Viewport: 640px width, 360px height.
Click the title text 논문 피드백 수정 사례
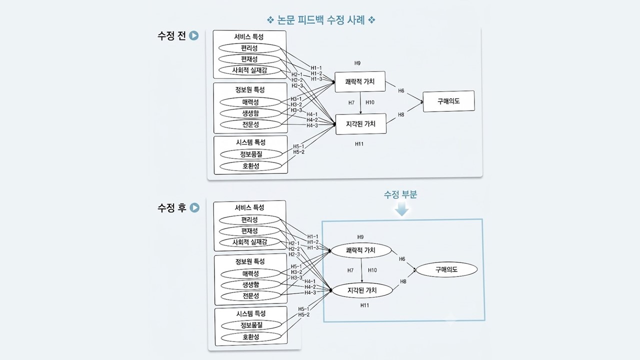point(321,20)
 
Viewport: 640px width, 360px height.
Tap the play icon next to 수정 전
point(193,35)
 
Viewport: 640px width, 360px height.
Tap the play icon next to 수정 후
point(194,207)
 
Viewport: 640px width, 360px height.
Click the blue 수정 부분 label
point(400,194)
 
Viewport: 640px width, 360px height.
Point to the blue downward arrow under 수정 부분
point(401,209)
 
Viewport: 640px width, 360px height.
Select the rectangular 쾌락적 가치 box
point(360,81)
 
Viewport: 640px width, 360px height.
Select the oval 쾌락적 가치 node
point(361,250)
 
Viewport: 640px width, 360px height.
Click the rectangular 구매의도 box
point(448,101)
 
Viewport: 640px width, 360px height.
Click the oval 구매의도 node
point(446,269)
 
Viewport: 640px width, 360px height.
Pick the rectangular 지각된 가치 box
point(361,124)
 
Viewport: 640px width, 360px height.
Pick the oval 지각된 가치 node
point(362,290)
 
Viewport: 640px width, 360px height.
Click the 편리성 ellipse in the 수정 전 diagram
point(249,48)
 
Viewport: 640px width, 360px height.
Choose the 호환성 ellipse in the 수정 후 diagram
point(251,337)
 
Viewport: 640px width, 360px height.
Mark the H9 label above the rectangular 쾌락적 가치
point(357,63)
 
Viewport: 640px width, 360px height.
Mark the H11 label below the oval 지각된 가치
point(364,305)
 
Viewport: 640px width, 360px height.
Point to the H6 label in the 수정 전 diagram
point(401,91)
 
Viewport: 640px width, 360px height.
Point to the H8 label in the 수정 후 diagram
point(403,281)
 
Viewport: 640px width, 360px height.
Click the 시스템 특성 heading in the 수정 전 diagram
point(251,142)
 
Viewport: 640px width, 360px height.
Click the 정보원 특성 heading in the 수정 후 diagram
point(250,261)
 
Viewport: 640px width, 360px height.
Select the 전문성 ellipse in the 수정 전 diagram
point(250,124)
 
